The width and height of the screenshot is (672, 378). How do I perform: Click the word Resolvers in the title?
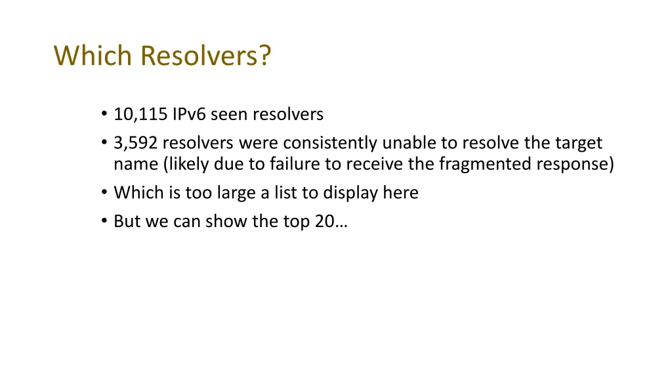tap(205, 56)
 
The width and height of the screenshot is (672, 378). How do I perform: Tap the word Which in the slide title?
tap(94, 56)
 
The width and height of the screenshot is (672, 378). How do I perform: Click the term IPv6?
tap(190, 115)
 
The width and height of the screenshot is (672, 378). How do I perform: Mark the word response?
tap(575, 164)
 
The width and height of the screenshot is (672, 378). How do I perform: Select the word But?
tap(127, 221)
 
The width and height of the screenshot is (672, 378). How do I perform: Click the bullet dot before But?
tap(104, 222)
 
